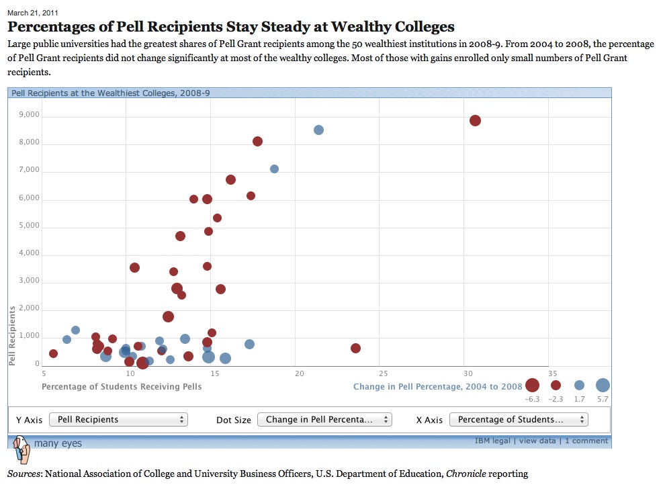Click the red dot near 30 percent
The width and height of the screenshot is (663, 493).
tap(475, 121)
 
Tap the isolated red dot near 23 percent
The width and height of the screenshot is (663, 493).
tap(355, 348)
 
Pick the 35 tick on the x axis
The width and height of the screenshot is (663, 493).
tap(552, 373)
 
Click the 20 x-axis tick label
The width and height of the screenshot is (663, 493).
tap(300, 373)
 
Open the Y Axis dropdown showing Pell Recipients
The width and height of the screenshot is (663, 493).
tap(118, 420)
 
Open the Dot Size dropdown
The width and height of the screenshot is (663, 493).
tap(324, 420)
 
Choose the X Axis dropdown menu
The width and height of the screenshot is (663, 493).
tap(518, 420)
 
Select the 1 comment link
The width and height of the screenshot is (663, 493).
tap(586, 441)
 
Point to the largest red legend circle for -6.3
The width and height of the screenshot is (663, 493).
tap(533, 386)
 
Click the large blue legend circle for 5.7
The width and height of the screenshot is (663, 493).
tap(603, 386)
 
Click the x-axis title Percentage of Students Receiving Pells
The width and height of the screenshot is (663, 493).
tap(122, 387)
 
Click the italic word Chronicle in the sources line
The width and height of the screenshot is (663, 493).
tap(465, 474)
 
